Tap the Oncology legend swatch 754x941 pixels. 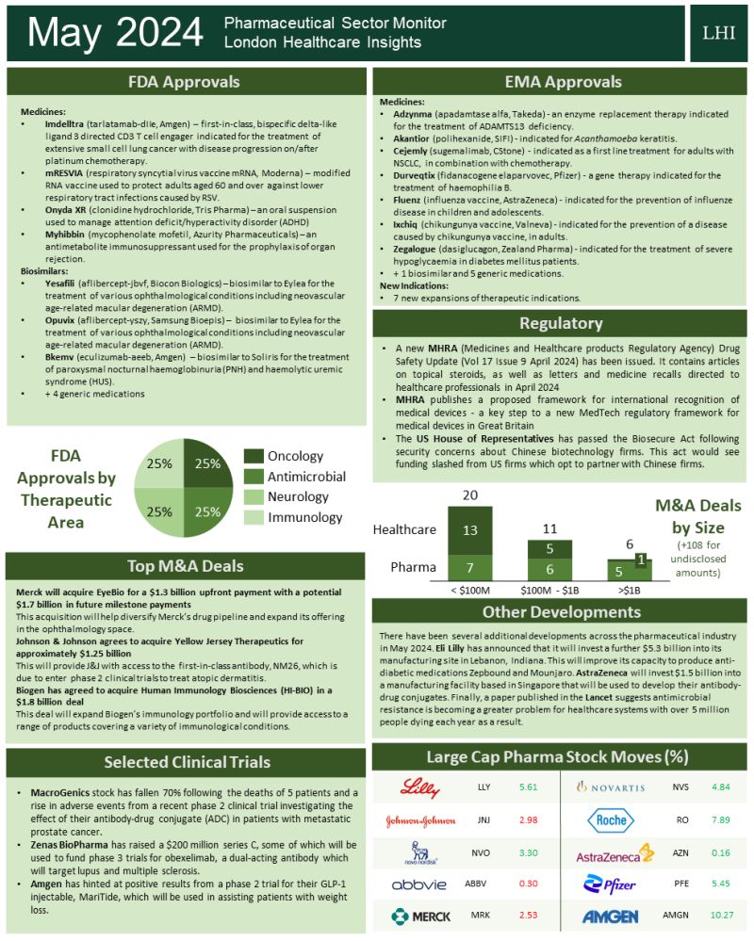pos(253,457)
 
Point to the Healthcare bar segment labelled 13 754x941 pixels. pos(468,529)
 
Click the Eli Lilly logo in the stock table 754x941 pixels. pos(419,787)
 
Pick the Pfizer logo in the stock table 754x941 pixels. pos(610,884)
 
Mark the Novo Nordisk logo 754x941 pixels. pos(412,852)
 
